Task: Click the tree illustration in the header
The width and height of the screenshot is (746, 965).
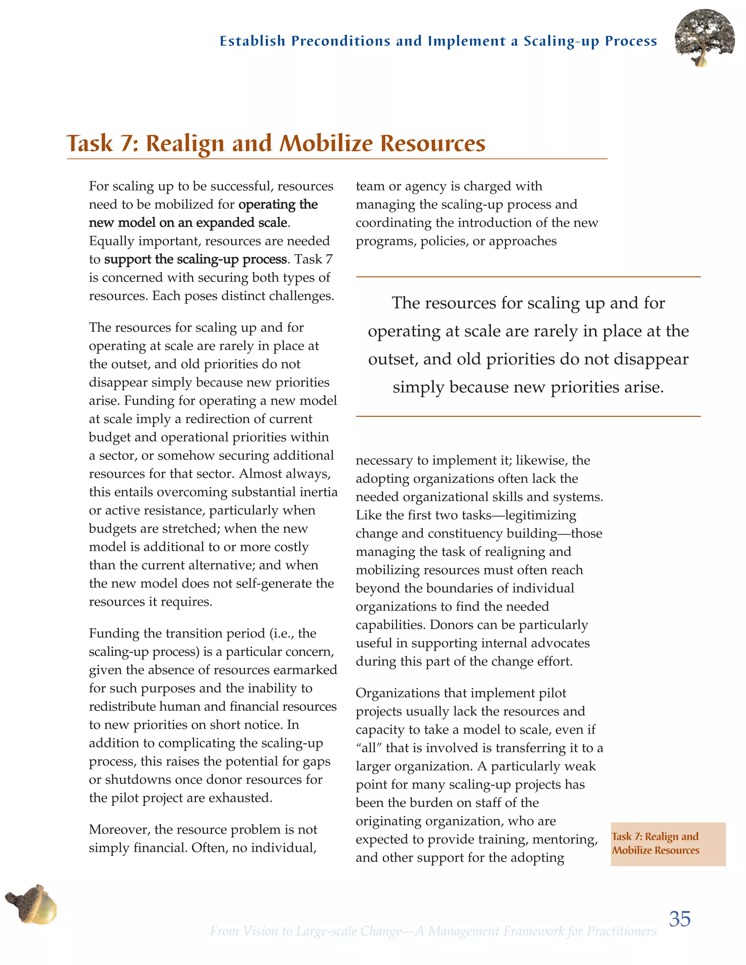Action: click(704, 38)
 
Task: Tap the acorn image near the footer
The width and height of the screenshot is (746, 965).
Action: click(32, 903)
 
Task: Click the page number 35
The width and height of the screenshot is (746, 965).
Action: click(679, 919)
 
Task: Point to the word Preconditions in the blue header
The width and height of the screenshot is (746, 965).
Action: click(340, 41)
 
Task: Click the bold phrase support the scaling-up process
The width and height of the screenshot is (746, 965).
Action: click(195, 259)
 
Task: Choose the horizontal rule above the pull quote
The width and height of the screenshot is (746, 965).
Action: click(528, 277)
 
